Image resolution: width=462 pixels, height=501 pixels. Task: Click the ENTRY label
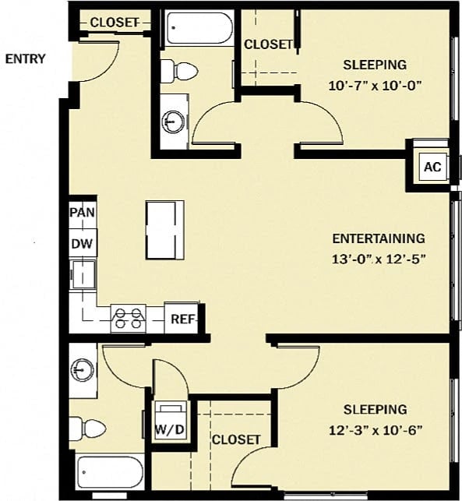[26, 58]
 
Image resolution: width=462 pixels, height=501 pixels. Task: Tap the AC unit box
[432, 166]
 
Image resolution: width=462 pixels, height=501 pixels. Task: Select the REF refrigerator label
[182, 319]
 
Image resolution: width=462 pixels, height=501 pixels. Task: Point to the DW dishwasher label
[82, 244]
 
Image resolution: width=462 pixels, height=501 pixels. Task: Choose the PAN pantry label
[82, 213]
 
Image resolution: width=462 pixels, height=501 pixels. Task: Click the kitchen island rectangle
[165, 230]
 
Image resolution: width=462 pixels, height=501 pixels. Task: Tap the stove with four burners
[129, 318]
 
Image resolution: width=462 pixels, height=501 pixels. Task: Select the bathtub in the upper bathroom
[197, 29]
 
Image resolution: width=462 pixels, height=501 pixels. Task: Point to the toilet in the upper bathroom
[180, 71]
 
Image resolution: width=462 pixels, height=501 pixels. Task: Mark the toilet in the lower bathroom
[88, 428]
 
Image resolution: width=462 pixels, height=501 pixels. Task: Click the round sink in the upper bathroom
[173, 122]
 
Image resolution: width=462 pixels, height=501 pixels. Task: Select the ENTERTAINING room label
[379, 238]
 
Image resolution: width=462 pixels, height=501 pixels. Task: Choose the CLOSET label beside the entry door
[114, 23]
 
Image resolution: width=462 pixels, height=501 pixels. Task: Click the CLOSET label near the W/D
[236, 439]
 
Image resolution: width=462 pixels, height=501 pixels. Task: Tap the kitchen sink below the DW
[82, 273]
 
